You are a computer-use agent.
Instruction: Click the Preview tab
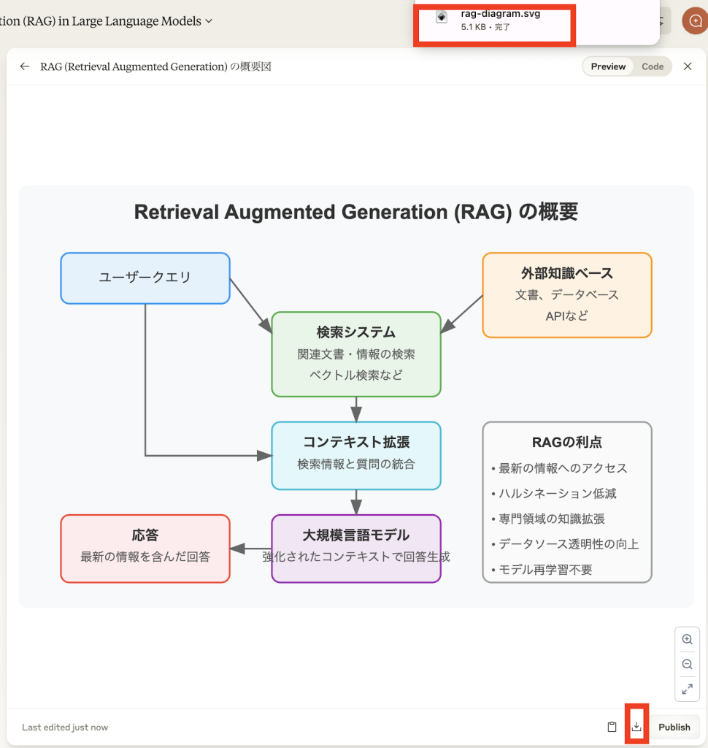tap(608, 66)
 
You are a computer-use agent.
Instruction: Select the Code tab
tap(653, 66)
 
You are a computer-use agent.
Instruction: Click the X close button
tap(688, 66)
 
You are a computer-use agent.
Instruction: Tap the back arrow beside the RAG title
tap(25, 66)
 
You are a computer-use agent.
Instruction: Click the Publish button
tap(674, 727)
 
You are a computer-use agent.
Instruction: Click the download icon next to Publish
tap(636, 727)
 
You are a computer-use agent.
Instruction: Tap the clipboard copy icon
tap(612, 727)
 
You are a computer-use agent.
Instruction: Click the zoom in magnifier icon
tap(687, 639)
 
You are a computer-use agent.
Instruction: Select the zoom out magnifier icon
tap(687, 664)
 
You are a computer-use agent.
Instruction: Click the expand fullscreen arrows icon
tap(687, 689)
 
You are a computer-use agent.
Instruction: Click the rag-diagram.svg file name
tap(500, 14)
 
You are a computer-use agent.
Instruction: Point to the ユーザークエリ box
tap(145, 278)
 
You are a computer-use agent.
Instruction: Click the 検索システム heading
tap(356, 332)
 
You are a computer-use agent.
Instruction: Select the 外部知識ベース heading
tap(567, 273)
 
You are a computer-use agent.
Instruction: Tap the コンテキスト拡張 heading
tap(356, 442)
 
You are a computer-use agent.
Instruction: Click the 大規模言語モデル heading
tap(356, 535)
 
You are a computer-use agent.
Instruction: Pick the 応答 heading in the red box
tap(145, 535)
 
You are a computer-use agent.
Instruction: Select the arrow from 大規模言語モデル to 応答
tap(251, 549)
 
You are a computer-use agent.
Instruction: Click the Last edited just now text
tap(65, 727)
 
